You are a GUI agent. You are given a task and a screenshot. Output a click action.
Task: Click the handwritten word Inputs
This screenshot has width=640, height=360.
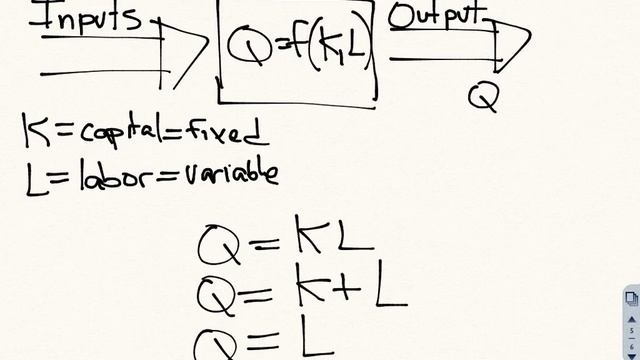pos(90,17)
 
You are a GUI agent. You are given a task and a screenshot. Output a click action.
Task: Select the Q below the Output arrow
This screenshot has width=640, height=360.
pos(483,96)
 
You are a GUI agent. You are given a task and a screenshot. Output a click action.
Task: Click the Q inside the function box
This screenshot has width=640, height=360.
pos(247,45)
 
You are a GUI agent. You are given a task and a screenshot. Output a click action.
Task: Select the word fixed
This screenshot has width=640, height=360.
pos(225,130)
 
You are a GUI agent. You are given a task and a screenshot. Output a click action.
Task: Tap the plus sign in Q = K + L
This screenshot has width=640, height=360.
pos(347,291)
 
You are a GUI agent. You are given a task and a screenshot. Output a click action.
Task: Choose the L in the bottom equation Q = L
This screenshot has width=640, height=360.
pos(317,338)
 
